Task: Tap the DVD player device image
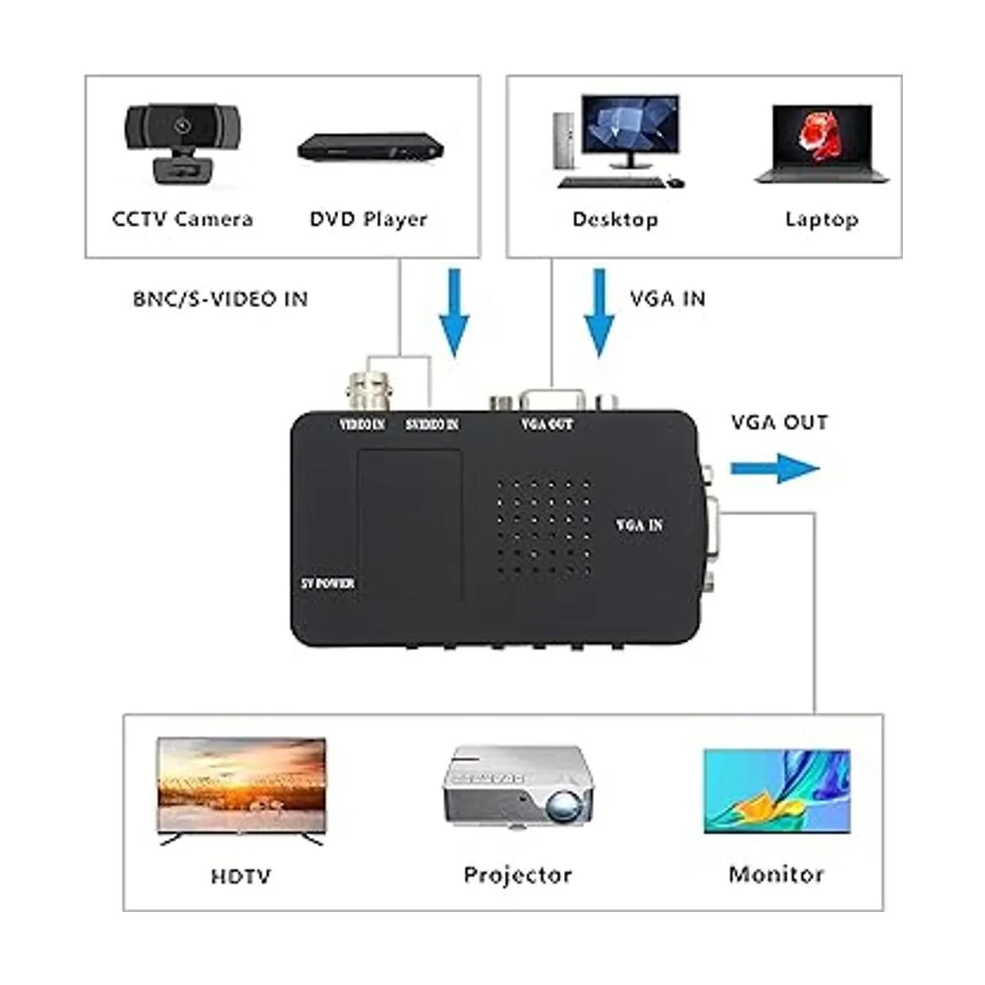point(370,148)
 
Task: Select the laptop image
point(821,144)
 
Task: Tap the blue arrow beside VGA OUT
point(774,469)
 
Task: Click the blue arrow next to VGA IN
point(599,312)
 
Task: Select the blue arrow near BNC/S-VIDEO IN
point(453,312)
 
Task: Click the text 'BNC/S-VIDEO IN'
point(220,299)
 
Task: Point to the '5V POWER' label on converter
point(328,584)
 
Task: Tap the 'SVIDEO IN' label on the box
point(432,424)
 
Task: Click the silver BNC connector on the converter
point(367,390)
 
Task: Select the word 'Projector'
point(517,875)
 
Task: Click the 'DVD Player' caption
point(369,219)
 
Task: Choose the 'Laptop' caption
point(821,219)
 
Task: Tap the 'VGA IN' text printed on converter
point(639,525)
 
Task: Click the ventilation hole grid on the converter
point(543,525)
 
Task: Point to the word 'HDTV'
point(241,877)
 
